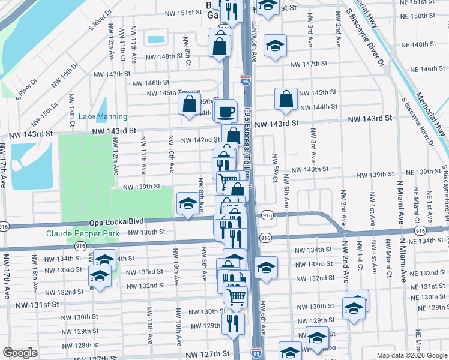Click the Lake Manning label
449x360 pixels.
pyautogui.click(x=103, y=116)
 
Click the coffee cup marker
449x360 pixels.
pyautogui.click(x=226, y=112)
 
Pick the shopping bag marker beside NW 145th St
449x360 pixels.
pyautogui.click(x=286, y=99)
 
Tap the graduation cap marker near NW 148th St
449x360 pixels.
pyautogui.click(x=275, y=46)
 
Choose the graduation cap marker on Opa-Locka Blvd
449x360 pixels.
pyautogui.click(x=188, y=203)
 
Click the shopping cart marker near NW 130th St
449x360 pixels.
pyautogui.click(x=237, y=296)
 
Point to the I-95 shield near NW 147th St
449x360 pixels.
pyautogui.click(x=245, y=79)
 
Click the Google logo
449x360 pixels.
pyautogui.click(x=20, y=352)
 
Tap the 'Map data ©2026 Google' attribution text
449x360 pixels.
pyautogui.click(x=411, y=355)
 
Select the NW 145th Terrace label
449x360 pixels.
pyautogui.click(x=173, y=92)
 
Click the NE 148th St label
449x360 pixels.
pyautogui.click(x=420, y=44)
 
